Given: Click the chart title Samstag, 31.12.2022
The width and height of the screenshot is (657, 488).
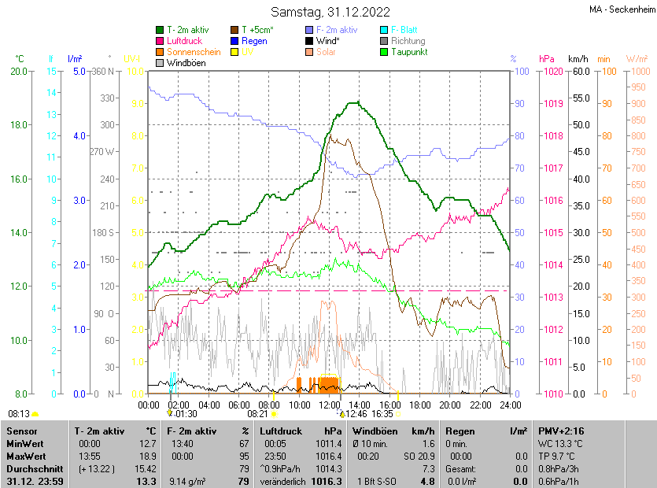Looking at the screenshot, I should tap(330, 12).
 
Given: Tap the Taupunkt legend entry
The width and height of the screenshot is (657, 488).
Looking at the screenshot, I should tap(408, 52).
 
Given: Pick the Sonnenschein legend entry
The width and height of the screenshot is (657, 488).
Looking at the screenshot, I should tap(194, 52).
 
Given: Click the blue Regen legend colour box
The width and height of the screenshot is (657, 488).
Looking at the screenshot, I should tap(234, 41).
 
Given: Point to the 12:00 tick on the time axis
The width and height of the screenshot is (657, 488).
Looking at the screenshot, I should tap(330, 405).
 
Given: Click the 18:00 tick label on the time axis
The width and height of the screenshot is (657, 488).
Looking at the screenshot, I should tap(420, 405).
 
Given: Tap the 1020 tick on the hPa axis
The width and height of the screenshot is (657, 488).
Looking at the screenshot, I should tap(552, 72).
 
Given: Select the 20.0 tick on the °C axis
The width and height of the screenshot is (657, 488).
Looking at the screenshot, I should tap(18, 72).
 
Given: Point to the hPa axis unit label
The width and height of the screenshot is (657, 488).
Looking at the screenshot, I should tap(547, 59).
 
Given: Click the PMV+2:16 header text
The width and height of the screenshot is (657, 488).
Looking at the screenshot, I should tap(557, 431).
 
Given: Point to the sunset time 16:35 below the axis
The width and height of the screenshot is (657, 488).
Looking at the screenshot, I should tap(382, 413).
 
